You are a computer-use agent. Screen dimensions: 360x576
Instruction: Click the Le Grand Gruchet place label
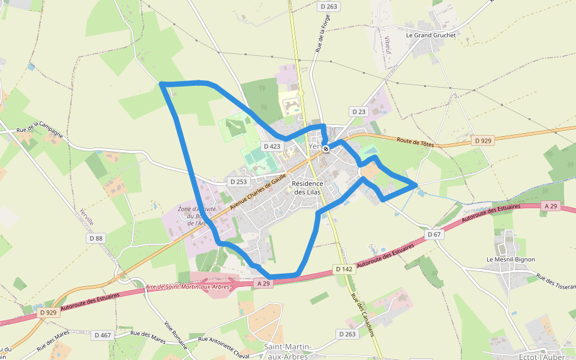pyautogui.click(x=431, y=35)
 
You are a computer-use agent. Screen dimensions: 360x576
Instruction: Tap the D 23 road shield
pyautogui.click(x=358, y=112)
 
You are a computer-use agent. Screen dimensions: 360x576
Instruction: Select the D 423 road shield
pyautogui.click(x=272, y=146)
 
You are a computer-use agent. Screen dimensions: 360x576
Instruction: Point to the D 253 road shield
pyautogui.click(x=238, y=181)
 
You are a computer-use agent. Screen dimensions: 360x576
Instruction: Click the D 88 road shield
pyautogui.click(x=96, y=238)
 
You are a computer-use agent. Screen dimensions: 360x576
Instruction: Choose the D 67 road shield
pyautogui.click(x=434, y=234)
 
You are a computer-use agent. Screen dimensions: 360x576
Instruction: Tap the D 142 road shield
pyautogui.click(x=344, y=269)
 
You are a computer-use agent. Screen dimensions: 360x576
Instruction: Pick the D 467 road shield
pyautogui.click(x=103, y=335)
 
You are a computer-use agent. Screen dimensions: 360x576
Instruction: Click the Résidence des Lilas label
pyautogui.click(x=307, y=188)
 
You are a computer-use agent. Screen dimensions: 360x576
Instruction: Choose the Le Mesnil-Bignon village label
pyautogui.click(x=510, y=259)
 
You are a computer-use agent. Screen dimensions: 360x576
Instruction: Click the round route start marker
pyautogui.click(x=326, y=148)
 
